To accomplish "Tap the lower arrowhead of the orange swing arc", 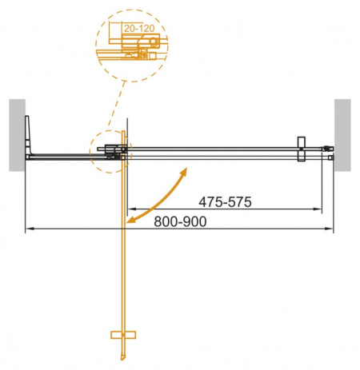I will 131,217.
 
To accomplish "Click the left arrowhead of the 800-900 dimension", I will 30,229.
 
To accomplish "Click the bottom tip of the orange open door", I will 122,356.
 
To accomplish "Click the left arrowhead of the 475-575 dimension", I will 130,209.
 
